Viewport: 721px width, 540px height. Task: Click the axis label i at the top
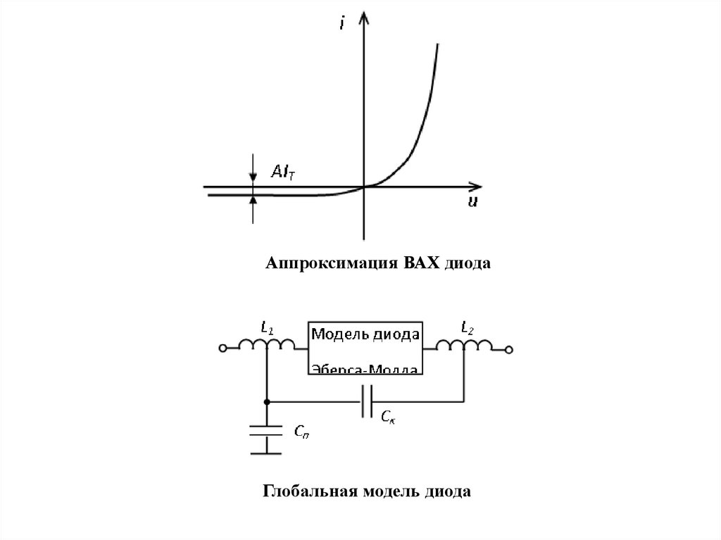[341, 24]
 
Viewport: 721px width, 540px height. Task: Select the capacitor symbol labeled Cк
[366, 402]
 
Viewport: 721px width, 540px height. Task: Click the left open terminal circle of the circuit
[223, 349]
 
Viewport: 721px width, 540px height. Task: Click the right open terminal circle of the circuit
[510, 349]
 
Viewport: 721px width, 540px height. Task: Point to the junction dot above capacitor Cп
[267, 402]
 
